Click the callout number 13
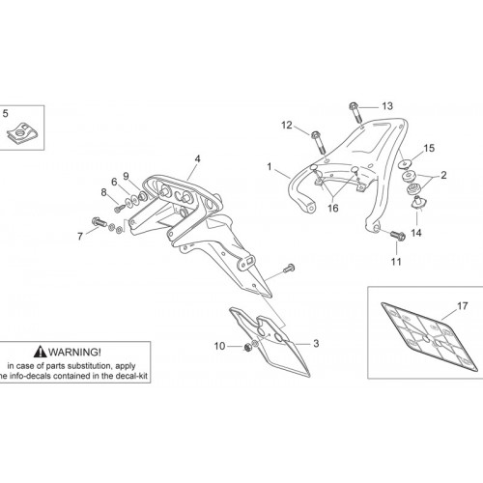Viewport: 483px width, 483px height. (387, 106)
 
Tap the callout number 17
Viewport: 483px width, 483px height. (463, 305)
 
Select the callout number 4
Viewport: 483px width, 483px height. (197, 158)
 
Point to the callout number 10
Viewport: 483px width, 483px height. (219, 346)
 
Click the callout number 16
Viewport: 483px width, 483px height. (333, 208)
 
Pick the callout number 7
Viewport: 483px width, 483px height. (80, 237)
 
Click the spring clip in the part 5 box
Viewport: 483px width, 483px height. (22, 132)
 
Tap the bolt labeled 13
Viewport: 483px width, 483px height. (355, 112)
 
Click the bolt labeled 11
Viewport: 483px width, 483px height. (398, 235)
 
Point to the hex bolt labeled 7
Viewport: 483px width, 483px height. (99, 221)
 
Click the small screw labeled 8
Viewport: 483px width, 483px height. (119, 209)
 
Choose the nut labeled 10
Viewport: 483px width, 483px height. (248, 347)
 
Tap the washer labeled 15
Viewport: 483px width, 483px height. (406, 163)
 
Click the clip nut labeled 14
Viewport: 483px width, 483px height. (418, 203)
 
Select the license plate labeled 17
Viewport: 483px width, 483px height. (429, 337)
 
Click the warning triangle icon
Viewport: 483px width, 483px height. (41, 352)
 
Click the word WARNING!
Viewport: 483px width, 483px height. (74, 352)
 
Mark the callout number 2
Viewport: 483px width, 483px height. (443, 175)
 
